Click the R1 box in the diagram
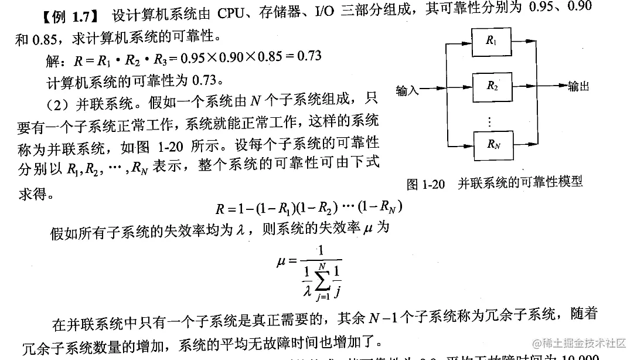490,41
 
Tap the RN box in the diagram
491,144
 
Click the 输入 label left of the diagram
408,90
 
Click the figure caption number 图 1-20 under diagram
426,184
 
